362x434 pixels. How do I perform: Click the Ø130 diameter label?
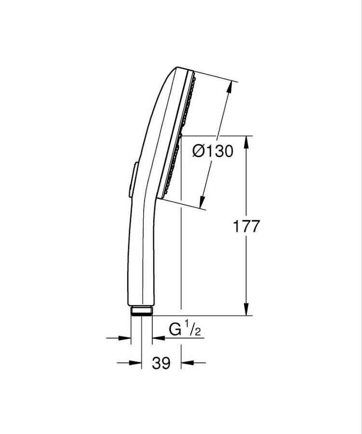coord(213,151)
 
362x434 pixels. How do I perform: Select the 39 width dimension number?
coord(161,363)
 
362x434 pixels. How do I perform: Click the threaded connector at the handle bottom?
coord(141,311)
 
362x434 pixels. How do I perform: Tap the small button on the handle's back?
coord(133,180)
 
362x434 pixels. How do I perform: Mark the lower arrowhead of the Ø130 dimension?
coord(202,202)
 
